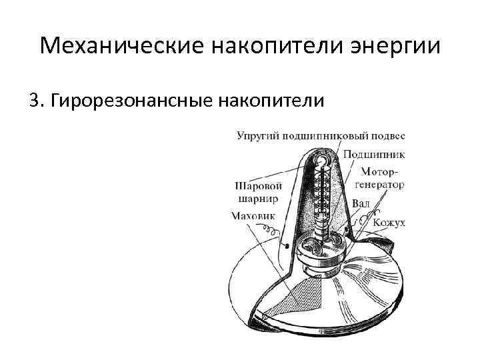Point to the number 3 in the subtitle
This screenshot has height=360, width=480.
click(34, 100)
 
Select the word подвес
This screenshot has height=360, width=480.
click(388, 136)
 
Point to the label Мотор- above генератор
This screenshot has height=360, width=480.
click(381, 171)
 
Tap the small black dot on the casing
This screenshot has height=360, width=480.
click(286, 247)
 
